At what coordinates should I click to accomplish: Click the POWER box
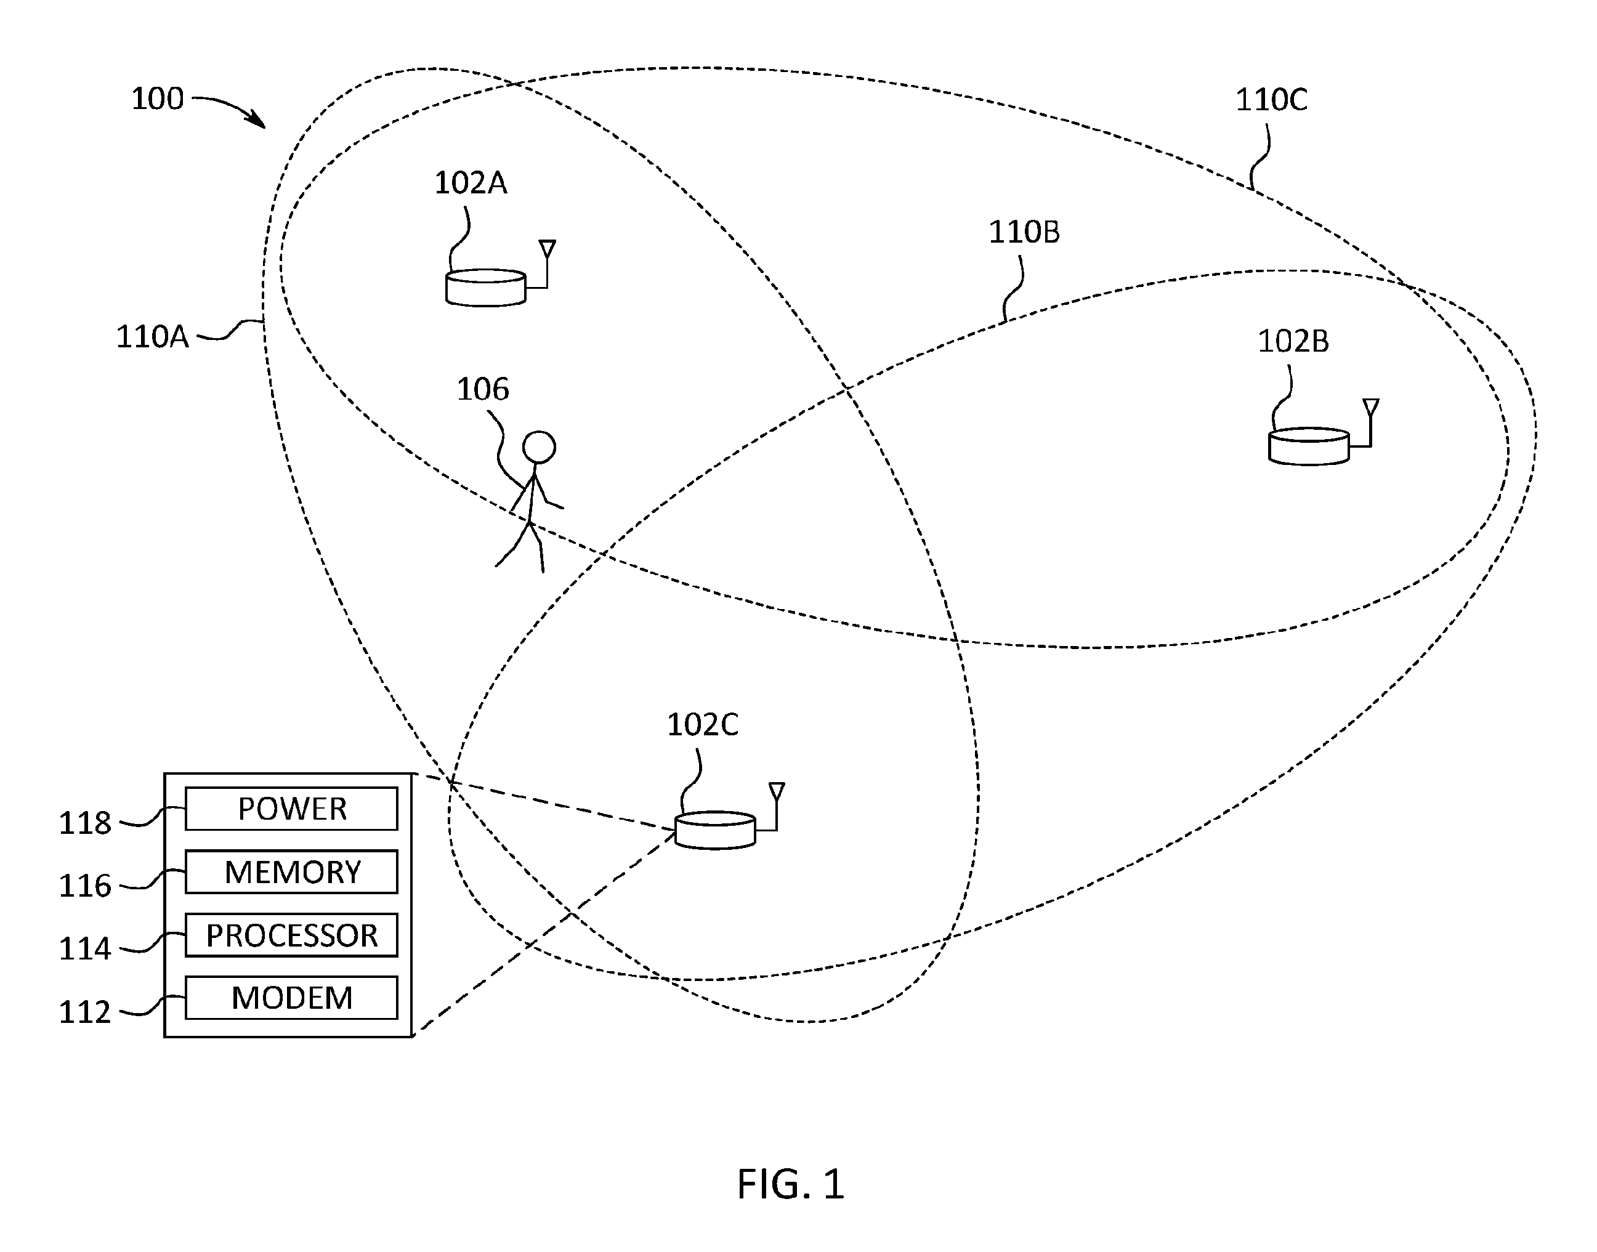(291, 809)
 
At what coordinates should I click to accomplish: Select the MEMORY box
(291, 871)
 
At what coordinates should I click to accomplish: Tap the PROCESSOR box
(291, 935)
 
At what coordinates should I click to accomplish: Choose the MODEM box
(291, 998)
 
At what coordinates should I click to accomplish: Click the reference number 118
(85, 823)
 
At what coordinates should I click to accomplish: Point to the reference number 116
(85, 886)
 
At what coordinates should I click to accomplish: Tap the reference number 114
(85, 949)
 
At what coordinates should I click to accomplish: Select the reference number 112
(85, 1012)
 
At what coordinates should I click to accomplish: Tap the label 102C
(702, 724)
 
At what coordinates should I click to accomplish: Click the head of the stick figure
(539, 447)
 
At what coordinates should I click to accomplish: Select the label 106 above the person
(482, 389)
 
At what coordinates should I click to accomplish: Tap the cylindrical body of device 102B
(1308, 446)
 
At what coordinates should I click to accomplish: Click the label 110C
(1271, 100)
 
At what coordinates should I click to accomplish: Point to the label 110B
(1024, 232)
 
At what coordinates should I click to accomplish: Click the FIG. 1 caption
(791, 1184)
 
